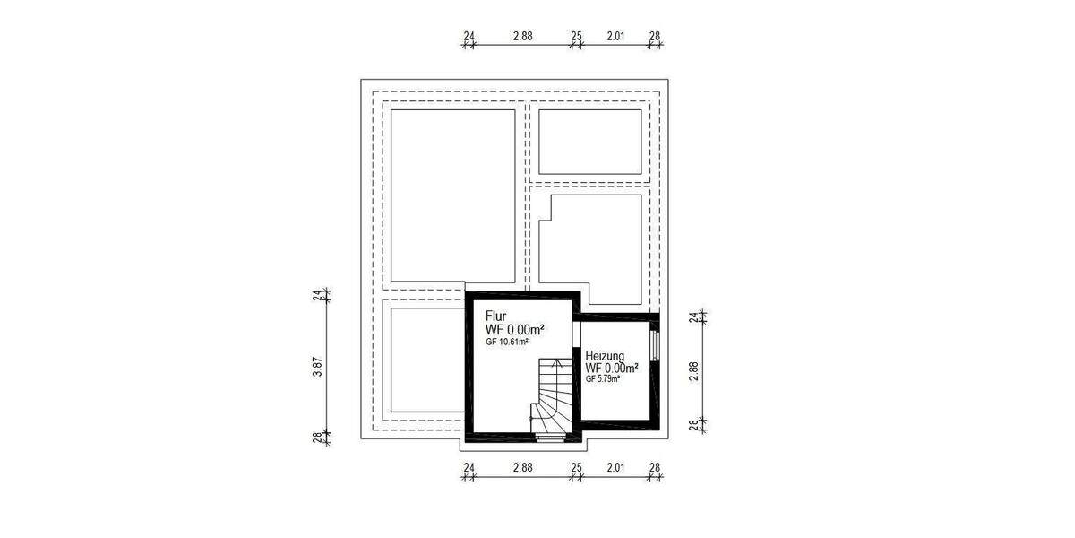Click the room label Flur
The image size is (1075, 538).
pos(496,316)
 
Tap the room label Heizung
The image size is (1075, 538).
pos(605,356)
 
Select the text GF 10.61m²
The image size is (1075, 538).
pos(507,342)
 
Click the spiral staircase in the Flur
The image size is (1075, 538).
pos(549,399)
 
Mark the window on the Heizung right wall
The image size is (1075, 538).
pos(656,346)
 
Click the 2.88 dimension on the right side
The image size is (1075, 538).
pos(693,371)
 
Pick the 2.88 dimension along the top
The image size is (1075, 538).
pos(522,37)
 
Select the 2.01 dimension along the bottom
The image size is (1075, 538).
pos(615,468)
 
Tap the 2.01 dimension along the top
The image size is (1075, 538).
pos(615,37)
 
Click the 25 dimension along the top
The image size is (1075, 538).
pos(576,37)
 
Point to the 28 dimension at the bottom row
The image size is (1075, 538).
pos(655,468)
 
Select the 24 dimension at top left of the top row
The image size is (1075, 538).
pos(469,37)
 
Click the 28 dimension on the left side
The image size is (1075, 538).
pos(317,437)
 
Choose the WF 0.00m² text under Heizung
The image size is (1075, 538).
pos(612,368)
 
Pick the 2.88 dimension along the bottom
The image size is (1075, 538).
pos(522,468)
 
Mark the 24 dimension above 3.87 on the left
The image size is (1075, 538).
pos(317,296)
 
